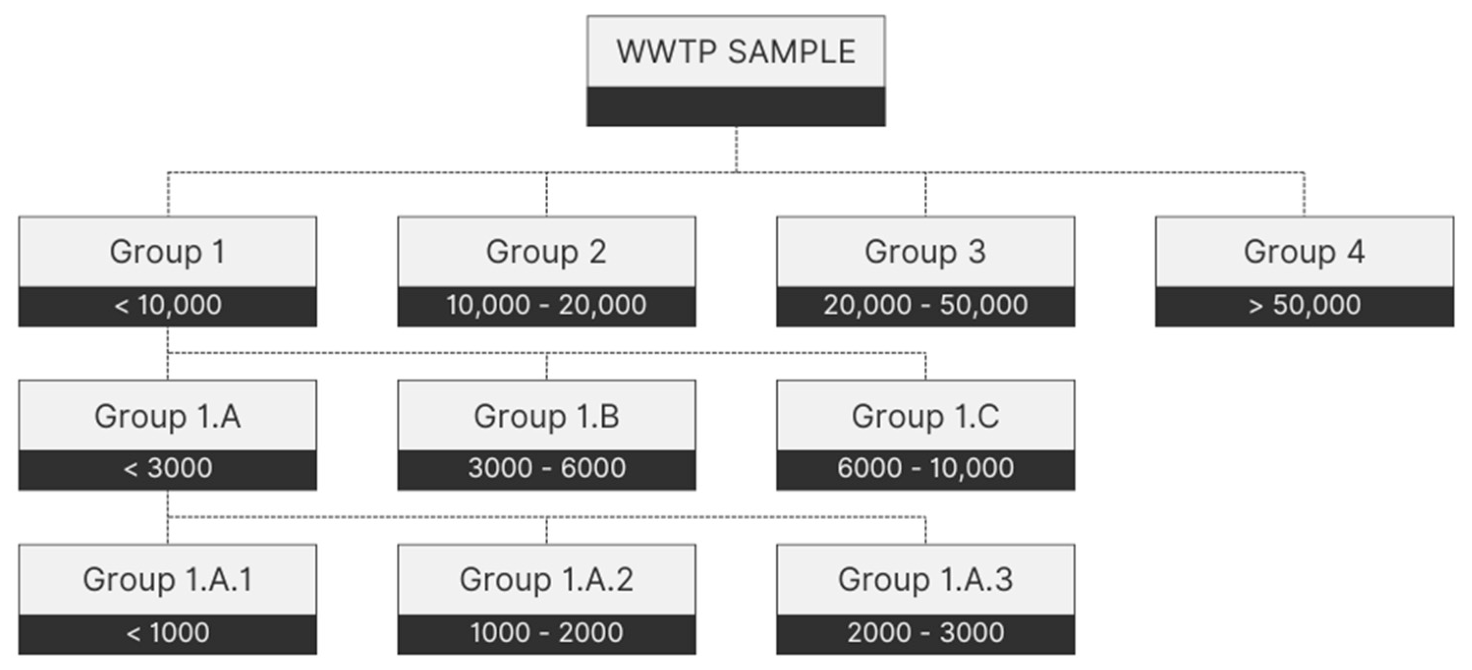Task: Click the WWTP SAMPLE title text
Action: pyautogui.click(x=735, y=52)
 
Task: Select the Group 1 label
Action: pyautogui.click(x=167, y=251)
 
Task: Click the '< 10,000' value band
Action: pyautogui.click(x=167, y=305)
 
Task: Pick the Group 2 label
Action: pyautogui.click(x=546, y=251)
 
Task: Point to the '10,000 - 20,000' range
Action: pyautogui.click(x=546, y=305)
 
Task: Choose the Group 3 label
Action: pyautogui.click(x=925, y=251)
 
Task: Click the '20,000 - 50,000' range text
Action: pyautogui.click(x=925, y=305)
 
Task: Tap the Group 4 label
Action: pyautogui.click(x=1304, y=251)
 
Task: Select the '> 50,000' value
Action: pyautogui.click(x=1304, y=305)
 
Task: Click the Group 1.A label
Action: pyautogui.click(x=167, y=416)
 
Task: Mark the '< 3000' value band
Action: pyautogui.click(x=167, y=468)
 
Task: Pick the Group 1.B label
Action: pyautogui.click(x=546, y=416)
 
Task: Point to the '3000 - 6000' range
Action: pyautogui.click(x=546, y=468)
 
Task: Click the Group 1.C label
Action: pyautogui.click(x=925, y=416)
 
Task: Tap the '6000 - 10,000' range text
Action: pyautogui.click(x=925, y=468)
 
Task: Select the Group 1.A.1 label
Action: pyautogui.click(x=167, y=579)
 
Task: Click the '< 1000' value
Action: pyautogui.click(x=167, y=633)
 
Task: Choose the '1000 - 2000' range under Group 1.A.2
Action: pyautogui.click(x=546, y=633)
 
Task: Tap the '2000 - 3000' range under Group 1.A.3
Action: pyautogui.click(x=925, y=633)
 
